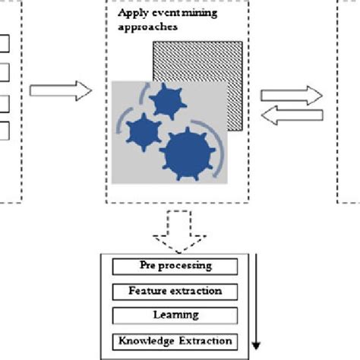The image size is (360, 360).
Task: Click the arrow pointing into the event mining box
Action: [60, 90]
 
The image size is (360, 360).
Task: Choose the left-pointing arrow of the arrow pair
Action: [292, 113]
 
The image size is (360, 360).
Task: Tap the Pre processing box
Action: [175, 266]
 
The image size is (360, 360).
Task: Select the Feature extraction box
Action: [175, 290]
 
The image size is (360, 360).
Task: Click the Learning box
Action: [175, 314]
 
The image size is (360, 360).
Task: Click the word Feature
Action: [147, 290]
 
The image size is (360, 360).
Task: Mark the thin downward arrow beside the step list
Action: [256, 304]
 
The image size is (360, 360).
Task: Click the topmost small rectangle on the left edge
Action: [5, 43]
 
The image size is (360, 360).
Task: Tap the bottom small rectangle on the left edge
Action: [5, 131]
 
